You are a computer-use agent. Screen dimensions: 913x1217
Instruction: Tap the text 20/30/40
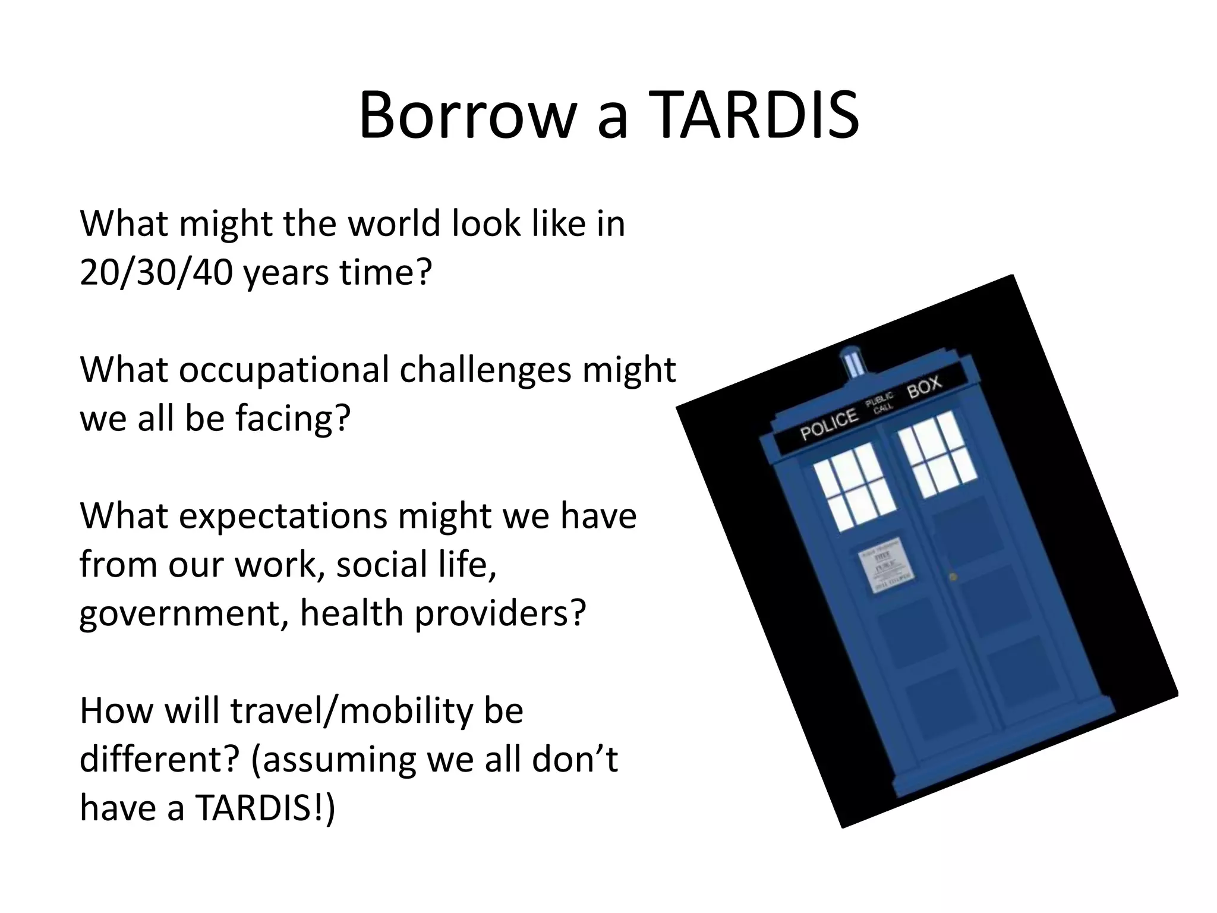click(x=156, y=273)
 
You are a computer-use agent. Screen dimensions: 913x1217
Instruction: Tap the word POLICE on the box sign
click(x=829, y=424)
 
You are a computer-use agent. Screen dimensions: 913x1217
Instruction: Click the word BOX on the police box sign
click(x=924, y=386)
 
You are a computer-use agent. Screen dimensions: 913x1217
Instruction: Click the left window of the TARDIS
click(x=854, y=488)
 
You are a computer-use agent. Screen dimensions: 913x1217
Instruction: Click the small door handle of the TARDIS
click(x=953, y=577)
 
